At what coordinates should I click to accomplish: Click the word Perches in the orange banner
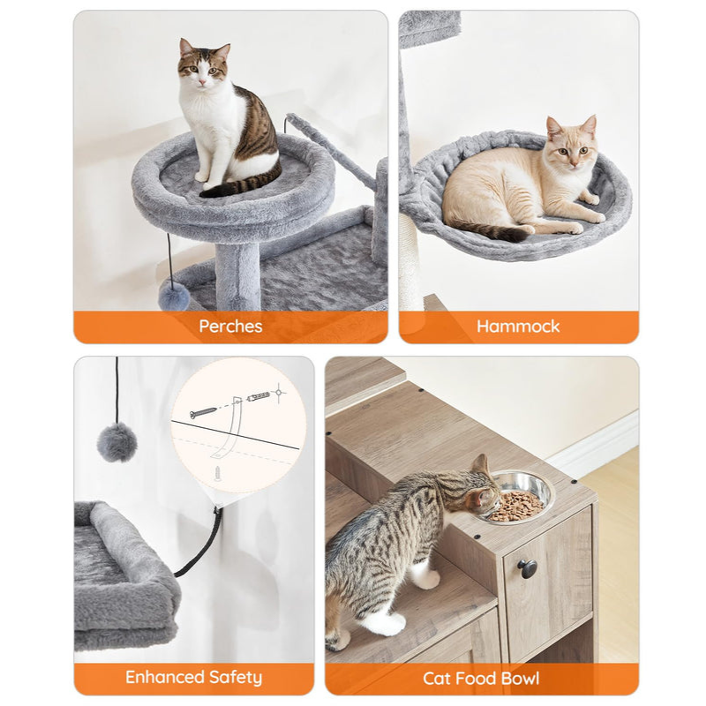pos(230,327)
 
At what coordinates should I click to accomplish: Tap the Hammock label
pos(518,327)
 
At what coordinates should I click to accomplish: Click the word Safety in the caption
pos(236,678)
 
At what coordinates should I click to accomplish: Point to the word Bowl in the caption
pos(519,679)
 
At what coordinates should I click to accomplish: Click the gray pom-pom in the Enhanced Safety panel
pos(116,442)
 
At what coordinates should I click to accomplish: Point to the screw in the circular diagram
pos(205,411)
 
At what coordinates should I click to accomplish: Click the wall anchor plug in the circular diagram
pos(258,396)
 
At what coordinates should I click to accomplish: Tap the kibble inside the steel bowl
pos(517,505)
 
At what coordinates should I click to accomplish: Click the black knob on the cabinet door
pos(529,569)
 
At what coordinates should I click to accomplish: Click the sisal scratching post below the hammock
pos(411,265)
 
